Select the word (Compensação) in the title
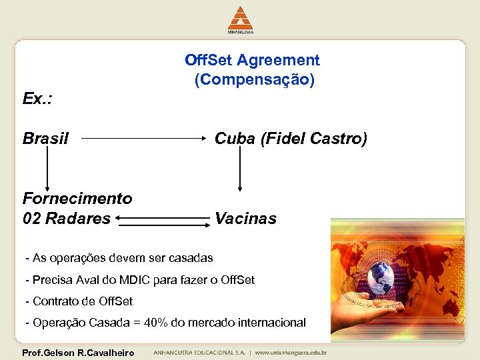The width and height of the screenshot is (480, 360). [x=255, y=80]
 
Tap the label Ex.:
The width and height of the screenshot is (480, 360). [x=37, y=99]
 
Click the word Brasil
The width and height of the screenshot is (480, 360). [x=45, y=139]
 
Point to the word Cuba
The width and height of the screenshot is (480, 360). [x=235, y=139]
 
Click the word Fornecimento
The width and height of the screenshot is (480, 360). [x=77, y=198]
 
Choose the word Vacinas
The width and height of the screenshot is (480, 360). [x=245, y=218]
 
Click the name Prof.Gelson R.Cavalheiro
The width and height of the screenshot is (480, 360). [x=78, y=353]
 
